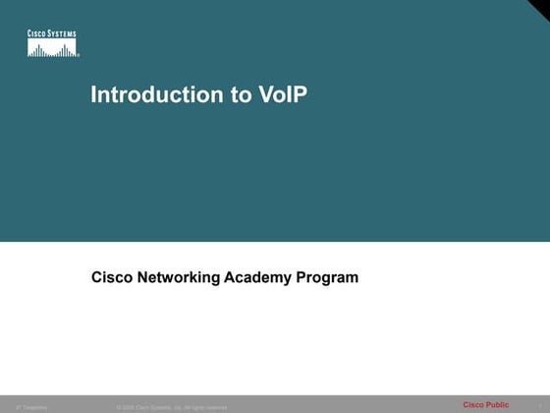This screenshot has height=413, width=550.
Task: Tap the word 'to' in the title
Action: pos(224,95)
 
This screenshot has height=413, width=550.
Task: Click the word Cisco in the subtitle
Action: pos(111,277)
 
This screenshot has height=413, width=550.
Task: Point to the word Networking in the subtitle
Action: pos(178,278)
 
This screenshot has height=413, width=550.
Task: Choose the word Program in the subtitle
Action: pos(330,278)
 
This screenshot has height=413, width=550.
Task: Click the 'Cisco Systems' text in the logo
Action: pos(52,34)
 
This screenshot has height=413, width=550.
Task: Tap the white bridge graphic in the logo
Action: pos(52,48)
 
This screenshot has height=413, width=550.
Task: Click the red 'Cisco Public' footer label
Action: pos(486,404)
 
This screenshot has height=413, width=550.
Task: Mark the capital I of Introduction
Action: pos(93,95)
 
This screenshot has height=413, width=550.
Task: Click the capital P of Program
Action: pos(306,277)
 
